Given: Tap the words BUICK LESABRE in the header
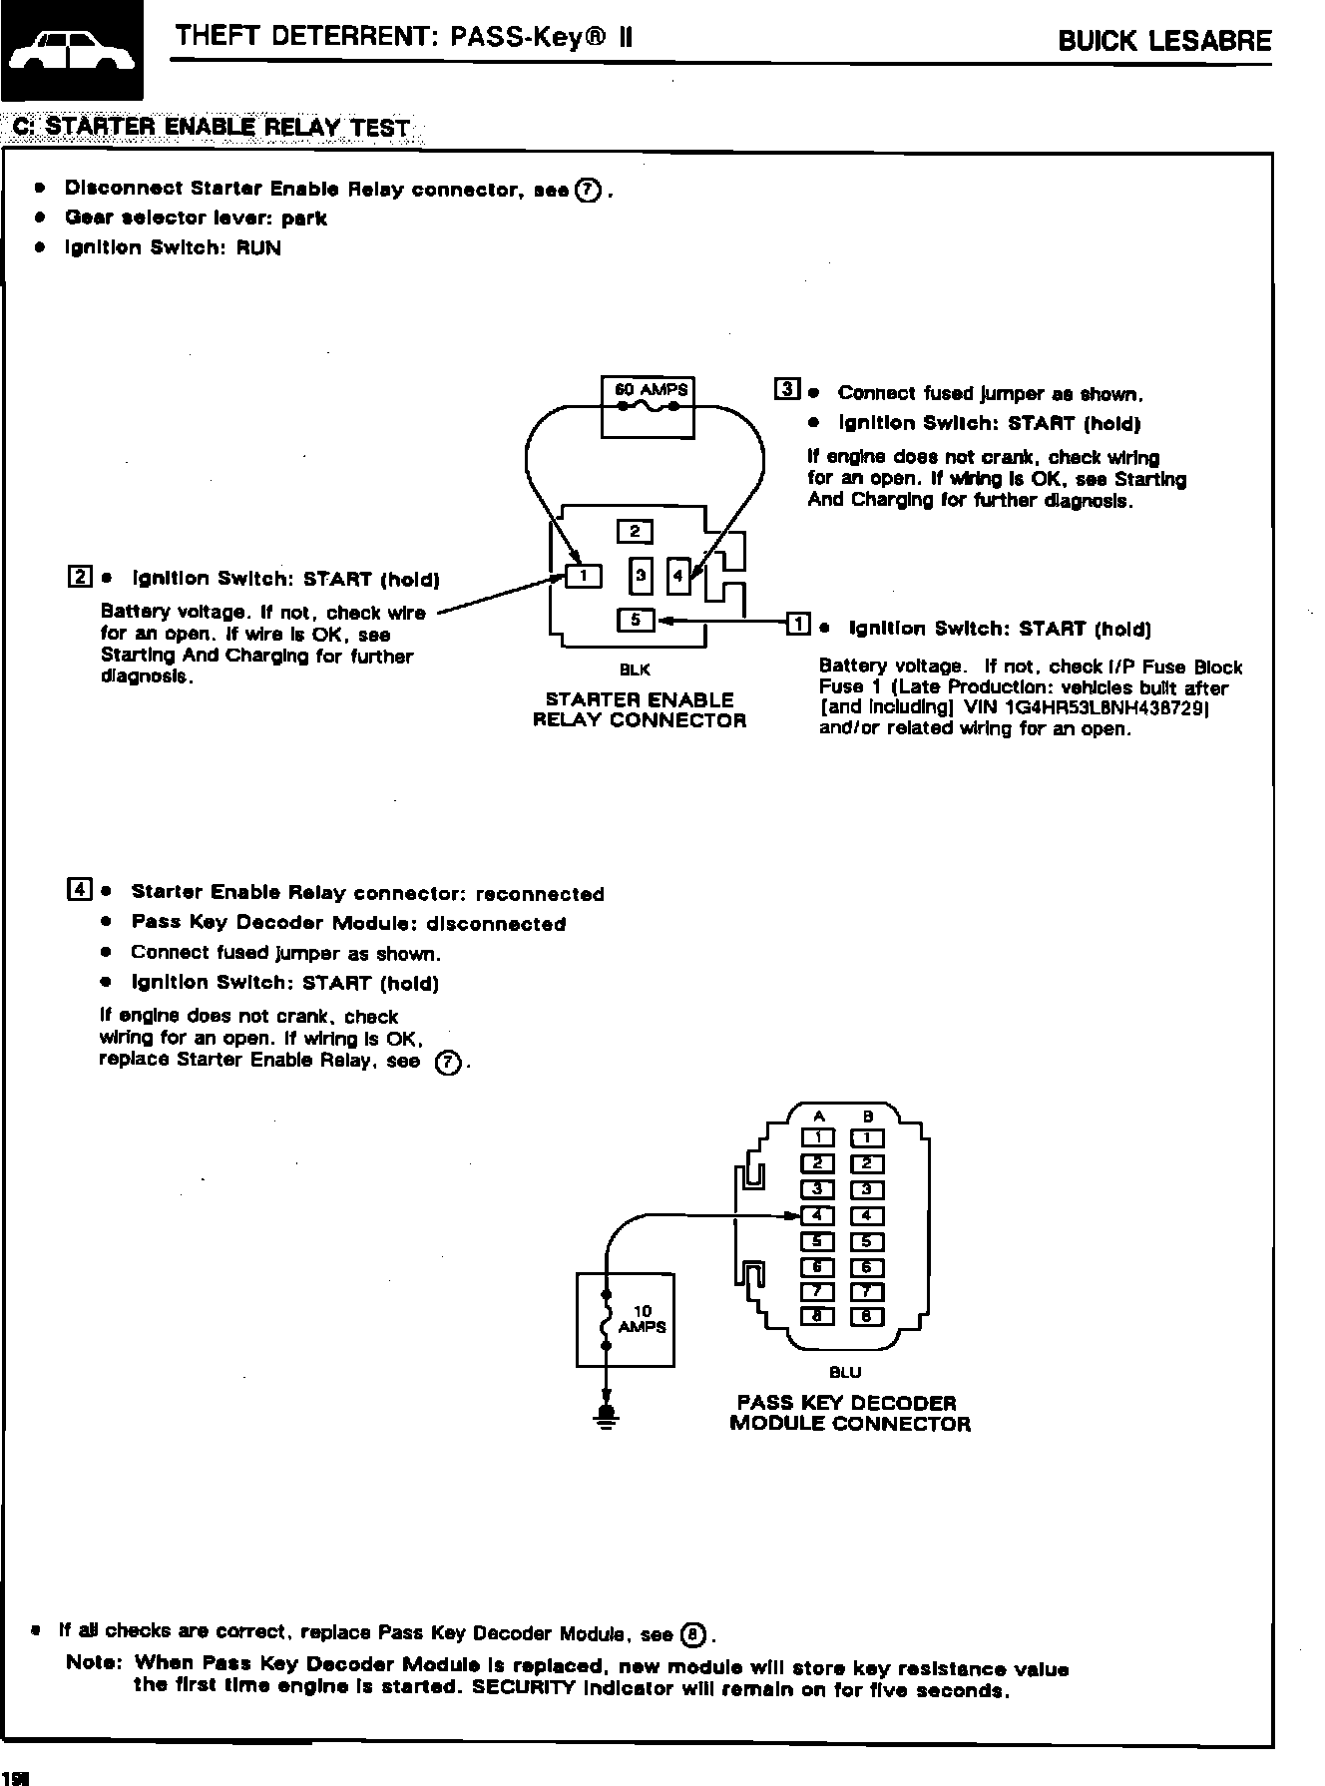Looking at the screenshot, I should [x=1164, y=41].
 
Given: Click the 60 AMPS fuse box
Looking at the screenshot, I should [x=648, y=406].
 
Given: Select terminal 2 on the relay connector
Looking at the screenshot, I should [x=635, y=531].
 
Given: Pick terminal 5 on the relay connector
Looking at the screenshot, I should [x=635, y=620].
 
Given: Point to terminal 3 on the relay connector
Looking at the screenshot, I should [x=641, y=575].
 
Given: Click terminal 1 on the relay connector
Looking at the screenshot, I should [x=585, y=576].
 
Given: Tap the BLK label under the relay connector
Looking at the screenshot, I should [x=636, y=670].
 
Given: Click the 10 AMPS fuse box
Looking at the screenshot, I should [x=626, y=1319].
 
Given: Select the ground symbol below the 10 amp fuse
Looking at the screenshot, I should [x=605, y=1415].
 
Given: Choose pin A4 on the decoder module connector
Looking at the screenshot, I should [x=818, y=1215].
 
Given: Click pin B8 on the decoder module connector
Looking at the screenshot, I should [x=867, y=1316].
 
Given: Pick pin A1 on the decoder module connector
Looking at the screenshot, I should [x=818, y=1137].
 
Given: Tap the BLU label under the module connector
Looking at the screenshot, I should [x=845, y=1373].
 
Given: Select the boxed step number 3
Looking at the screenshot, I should [x=786, y=389].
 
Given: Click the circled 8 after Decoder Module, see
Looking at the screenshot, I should [x=692, y=1634].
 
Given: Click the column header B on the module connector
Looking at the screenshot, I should [x=868, y=1116].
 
